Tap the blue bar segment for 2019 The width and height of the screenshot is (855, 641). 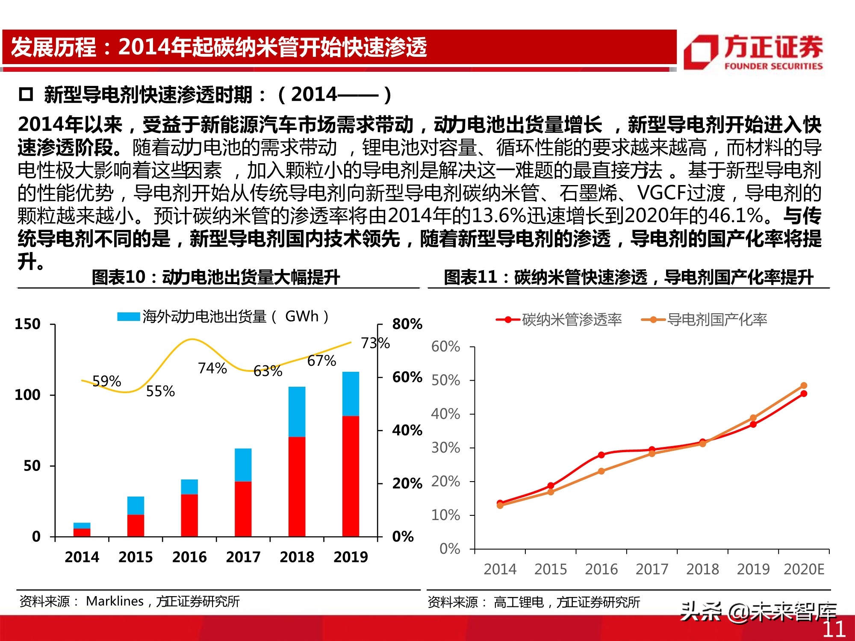(x=351, y=394)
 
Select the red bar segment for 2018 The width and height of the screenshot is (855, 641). (x=297, y=486)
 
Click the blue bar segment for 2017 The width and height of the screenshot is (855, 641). (x=243, y=465)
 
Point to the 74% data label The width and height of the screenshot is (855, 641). (x=212, y=368)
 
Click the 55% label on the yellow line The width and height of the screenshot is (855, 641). (x=160, y=391)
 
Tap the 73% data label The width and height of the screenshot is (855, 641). (x=375, y=343)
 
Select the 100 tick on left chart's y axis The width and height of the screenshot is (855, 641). (x=28, y=395)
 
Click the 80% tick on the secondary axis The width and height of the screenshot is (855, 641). (x=407, y=324)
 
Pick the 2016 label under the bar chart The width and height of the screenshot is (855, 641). (x=189, y=557)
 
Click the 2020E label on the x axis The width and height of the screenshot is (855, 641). (x=804, y=569)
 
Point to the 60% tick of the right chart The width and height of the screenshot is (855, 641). (x=445, y=346)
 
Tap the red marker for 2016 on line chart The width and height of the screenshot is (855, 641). (x=601, y=455)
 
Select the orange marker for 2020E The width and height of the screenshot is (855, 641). (x=804, y=385)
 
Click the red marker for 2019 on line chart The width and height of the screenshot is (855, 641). (x=753, y=424)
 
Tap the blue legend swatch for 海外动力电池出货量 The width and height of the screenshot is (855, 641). (x=128, y=317)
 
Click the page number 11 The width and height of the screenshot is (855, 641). (x=834, y=629)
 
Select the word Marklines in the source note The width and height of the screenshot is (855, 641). (x=115, y=601)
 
